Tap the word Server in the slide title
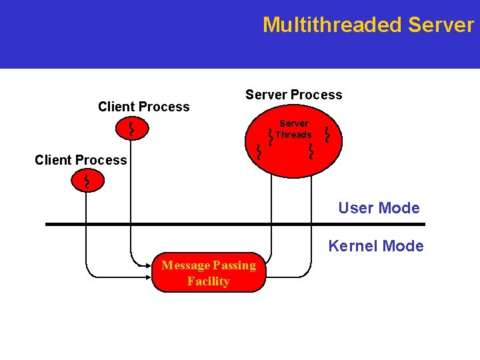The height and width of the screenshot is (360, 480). tap(441, 25)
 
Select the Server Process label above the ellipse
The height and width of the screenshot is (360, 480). tap(293, 95)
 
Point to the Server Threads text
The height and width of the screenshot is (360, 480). tap(293, 129)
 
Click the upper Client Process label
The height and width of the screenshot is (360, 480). tap(143, 107)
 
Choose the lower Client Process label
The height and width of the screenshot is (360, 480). tap(81, 160)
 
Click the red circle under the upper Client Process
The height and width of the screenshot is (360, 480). tap(131, 128)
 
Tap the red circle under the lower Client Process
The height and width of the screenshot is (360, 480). tap(87, 181)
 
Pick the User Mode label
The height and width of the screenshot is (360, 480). tap(379, 208)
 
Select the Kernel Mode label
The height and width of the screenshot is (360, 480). tap(375, 246)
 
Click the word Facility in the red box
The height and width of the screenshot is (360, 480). tap(208, 281)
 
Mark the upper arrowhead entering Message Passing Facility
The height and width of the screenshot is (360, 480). tap(149, 265)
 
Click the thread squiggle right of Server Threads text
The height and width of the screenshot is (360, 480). tap(327, 135)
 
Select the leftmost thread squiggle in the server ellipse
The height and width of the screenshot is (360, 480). tap(259, 153)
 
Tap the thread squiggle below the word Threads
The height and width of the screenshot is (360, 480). tap(311, 153)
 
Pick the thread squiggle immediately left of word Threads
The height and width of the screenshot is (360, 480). tap(270, 136)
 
